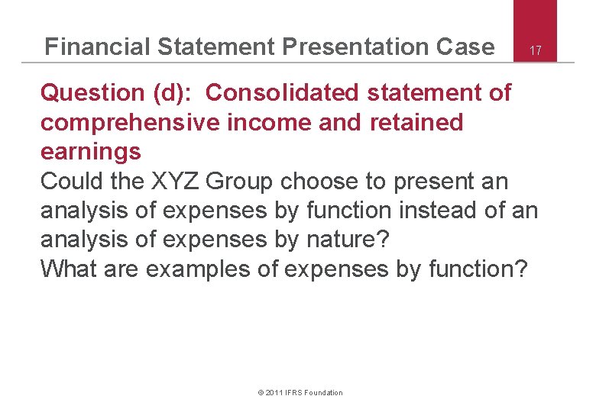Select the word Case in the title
465,47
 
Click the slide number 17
536,51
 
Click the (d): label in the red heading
175,94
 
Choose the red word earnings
90,152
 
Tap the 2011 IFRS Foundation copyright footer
300,392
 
